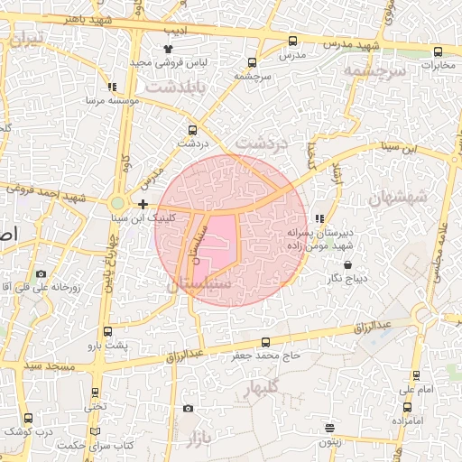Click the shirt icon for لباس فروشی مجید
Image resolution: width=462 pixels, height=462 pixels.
[x=167, y=49]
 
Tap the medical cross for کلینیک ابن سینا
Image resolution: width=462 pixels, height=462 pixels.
[x=143, y=205]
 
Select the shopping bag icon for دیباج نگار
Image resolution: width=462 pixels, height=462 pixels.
[x=349, y=265]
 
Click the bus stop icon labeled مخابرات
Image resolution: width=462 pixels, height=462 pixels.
[x=438, y=51]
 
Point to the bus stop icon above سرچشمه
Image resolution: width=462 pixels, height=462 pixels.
[x=252, y=63]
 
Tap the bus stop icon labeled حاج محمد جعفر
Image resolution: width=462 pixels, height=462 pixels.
[x=264, y=342]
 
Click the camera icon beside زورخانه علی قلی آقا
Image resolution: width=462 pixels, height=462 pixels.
[x=41, y=273]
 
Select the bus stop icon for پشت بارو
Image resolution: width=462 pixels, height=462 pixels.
[x=108, y=331]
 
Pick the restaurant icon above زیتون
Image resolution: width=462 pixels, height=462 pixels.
[x=330, y=428]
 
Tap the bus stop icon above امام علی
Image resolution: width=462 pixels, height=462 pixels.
[x=416, y=375]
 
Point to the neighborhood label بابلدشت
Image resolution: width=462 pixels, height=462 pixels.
[x=176, y=88]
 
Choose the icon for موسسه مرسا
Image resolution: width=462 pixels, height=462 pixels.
[x=112, y=88]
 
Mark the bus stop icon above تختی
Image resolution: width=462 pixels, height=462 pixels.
[x=96, y=393]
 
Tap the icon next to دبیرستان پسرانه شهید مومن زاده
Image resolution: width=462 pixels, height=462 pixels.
[x=319, y=218]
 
